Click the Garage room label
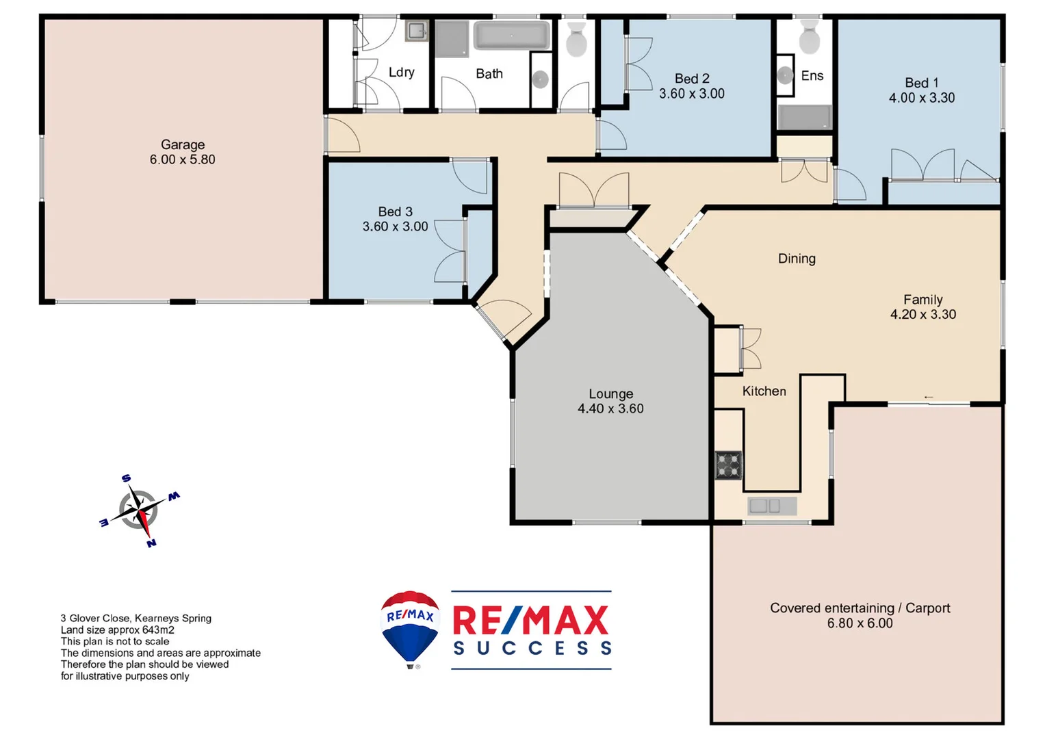click(x=183, y=144)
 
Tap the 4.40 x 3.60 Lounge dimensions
click(x=610, y=409)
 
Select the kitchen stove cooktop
click(x=729, y=465)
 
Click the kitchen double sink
click(x=765, y=506)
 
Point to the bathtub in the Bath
click(x=512, y=36)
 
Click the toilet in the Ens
click(x=810, y=38)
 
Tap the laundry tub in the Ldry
click(x=416, y=31)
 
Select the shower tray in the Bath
click(x=452, y=38)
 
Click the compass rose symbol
click(x=140, y=510)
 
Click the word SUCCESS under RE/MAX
click(x=532, y=648)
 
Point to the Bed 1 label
click(x=921, y=83)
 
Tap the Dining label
click(x=797, y=259)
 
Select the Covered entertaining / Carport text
click(x=860, y=608)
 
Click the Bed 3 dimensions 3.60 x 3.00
click(x=395, y=226)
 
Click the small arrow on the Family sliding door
click(x=929, y=397)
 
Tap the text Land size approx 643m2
click(x=117, y=630)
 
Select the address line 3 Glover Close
click(x=136, y=618)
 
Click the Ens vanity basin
click(x=785, y=75)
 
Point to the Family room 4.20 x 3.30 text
click(x=923, y=314)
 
